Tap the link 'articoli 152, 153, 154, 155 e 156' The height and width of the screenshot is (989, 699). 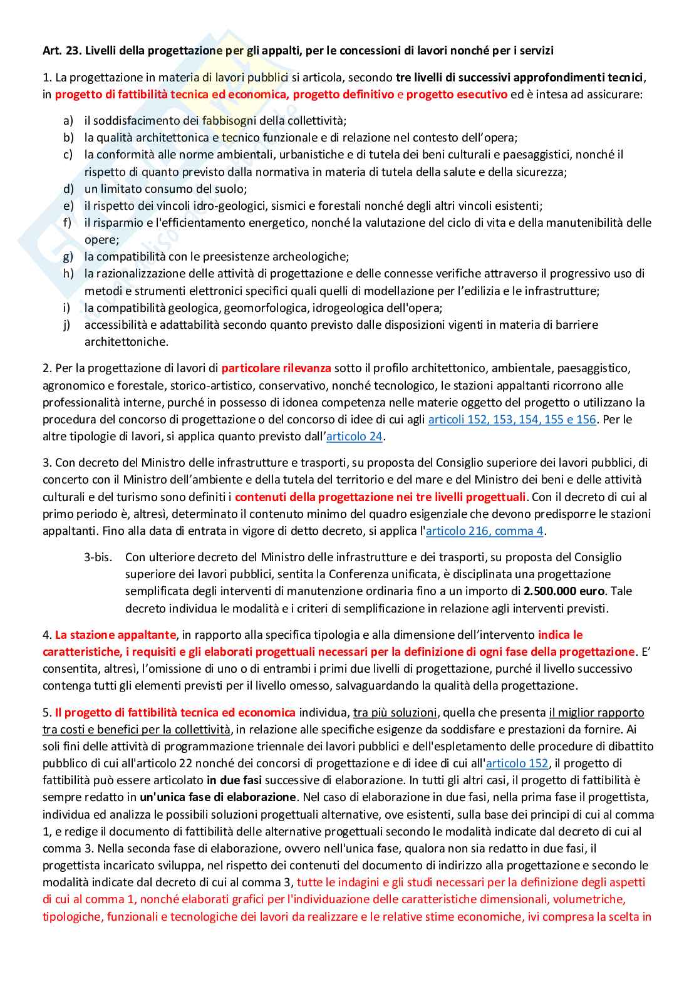(x=512, y=420)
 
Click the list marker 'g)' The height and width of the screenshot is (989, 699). (x=68, y=257)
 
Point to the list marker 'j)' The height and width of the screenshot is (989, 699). (x=68, y=325)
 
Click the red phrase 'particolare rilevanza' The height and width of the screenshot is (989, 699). (x=276, y=368)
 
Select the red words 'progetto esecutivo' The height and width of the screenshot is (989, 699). (x=457, y=95)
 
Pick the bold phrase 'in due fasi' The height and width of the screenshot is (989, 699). (x=234, y=780)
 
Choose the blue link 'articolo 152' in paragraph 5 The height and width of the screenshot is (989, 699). (x=517, y=764)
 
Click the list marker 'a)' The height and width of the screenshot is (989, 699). (x=68, y=121)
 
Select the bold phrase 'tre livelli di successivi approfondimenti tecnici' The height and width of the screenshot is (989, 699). (x=519, y=78)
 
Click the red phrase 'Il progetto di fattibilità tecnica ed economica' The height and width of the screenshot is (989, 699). (x=175, y=713)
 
